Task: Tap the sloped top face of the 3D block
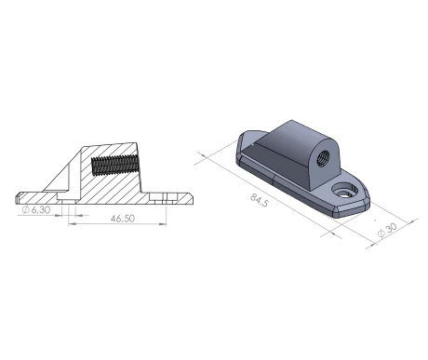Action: [x=279, y=140]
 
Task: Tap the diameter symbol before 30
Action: [x=384, y=236]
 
